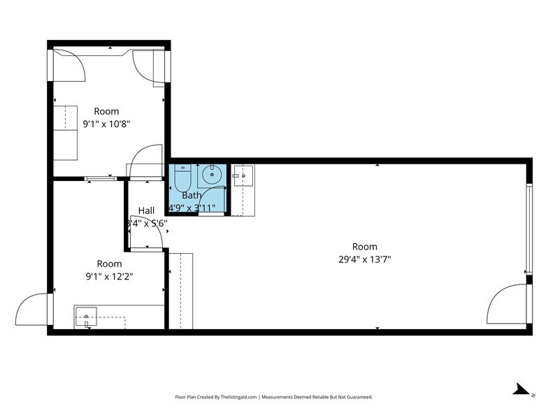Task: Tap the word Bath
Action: pos(192,196)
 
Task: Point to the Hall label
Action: pos(146,210)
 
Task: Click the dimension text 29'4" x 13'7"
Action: pos(364,259)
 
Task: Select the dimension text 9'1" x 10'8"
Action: pos(107,124)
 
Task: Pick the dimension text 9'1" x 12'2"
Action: pos(108,276)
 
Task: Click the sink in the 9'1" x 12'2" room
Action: pos(87,317)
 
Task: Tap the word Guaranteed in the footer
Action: pos(356,396)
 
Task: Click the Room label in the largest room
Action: pos(364,247)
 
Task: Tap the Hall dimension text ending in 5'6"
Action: pos(147,223)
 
